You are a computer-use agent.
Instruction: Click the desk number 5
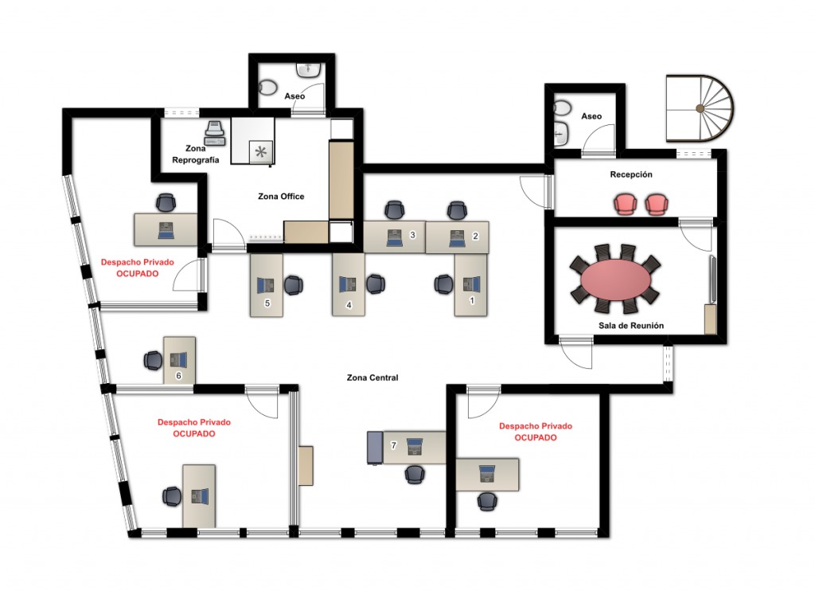coord(267,303)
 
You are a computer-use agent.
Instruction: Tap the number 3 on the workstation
coord(413,235)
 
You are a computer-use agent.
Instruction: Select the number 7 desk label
coord(393,445)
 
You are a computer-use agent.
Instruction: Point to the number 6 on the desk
coord(179,376)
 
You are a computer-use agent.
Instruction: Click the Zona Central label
coord(372,378)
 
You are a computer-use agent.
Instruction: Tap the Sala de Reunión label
coord(631,326)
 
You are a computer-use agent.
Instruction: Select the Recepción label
coord(631,174)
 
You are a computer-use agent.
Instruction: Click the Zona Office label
coord(281,196)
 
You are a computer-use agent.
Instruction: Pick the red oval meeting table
coord(615,280)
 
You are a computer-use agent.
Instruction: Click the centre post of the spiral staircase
coord(700,109)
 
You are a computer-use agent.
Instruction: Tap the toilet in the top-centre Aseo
coord(267,88)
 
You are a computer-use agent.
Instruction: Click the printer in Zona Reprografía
coord(215,133)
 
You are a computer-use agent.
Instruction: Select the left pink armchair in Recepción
coord(626,204)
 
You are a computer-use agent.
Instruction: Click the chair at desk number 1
coord(443,284)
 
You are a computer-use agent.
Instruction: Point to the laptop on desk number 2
coord(458,238)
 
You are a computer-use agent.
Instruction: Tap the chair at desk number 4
coord(376,284)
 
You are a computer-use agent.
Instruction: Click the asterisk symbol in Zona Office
coord(261,152)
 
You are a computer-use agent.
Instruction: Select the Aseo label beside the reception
coord(591,116)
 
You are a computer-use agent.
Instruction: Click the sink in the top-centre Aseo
coord(309,69)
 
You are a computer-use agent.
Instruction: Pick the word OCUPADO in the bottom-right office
coord(536,437)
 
